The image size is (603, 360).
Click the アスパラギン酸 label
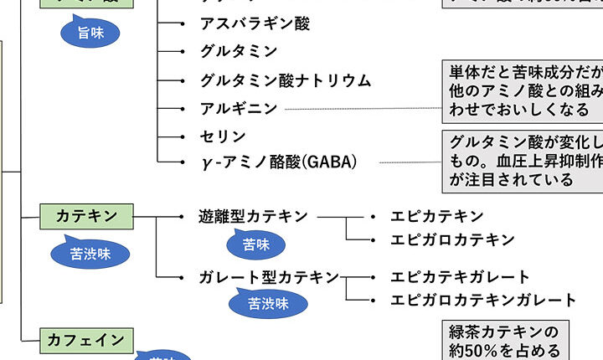coord(255,23)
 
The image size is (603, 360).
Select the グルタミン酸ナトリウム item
coord(285,80)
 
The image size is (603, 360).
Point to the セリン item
coord(223,136)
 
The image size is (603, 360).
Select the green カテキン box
coord(86,216)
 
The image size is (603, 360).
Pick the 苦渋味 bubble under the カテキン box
coord(90,252)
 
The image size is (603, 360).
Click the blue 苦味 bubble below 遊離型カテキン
coord(256,244)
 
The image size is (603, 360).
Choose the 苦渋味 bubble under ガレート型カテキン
coord(268,304)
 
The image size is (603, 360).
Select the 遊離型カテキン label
coord(254,217)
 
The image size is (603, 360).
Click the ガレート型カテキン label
coord(269,277)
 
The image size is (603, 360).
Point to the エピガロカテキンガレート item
coord(483,300)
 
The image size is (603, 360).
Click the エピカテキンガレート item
coord(460,277)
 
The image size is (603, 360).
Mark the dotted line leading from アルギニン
coord(363,109)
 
